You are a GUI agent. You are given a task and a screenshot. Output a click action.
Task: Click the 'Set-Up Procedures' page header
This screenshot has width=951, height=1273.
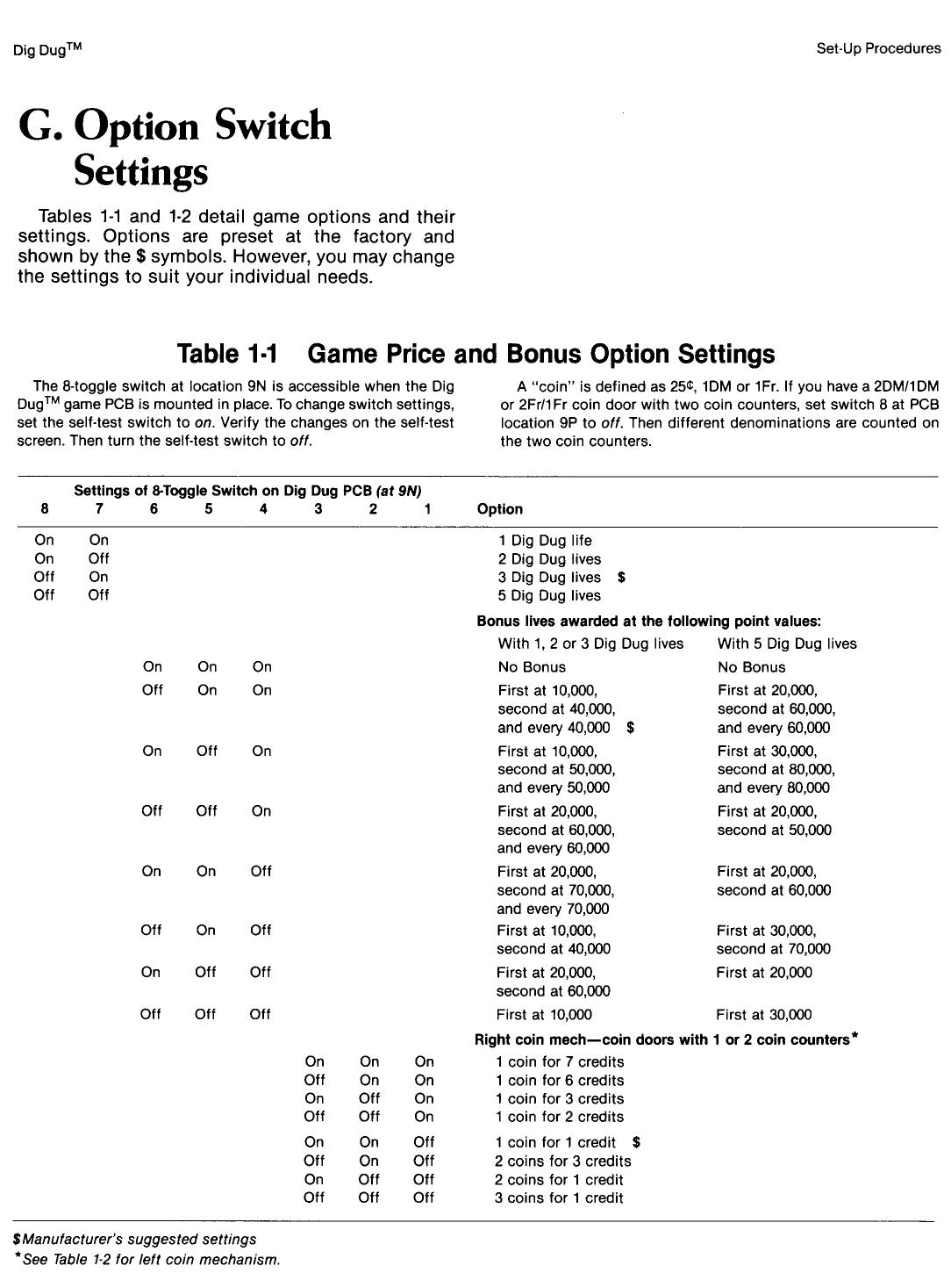[877, 49]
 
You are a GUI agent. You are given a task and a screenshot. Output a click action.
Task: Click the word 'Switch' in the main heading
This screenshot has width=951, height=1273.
[273, 126]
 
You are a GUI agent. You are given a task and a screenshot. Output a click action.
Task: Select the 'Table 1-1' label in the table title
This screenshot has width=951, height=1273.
[227, 354]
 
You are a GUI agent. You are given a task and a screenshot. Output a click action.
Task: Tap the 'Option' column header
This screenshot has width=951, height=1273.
[499, 509]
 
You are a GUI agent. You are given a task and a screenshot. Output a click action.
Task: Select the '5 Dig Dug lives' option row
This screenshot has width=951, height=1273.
[549, 596]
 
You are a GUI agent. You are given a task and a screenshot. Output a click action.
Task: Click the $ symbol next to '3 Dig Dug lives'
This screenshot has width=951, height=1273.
[621, 578]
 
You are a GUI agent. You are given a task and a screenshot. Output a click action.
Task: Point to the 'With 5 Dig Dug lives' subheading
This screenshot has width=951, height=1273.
[787, 644]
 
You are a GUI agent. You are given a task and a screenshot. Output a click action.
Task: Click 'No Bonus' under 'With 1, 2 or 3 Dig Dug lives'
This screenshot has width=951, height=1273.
[532, 667]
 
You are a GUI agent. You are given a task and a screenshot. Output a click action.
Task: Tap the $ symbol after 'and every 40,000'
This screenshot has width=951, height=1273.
[631, 728]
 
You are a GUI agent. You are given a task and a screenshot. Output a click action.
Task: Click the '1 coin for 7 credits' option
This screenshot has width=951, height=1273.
[560, 1062]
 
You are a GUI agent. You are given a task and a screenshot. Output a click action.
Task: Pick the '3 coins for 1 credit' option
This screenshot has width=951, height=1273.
[559, 1198]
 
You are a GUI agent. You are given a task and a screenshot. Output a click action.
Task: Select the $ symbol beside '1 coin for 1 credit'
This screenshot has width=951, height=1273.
[636, 1143]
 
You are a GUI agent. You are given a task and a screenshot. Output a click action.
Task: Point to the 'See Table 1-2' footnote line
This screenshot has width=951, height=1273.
[147, 1260]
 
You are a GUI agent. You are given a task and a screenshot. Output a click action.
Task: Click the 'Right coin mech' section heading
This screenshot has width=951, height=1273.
[665, 1040]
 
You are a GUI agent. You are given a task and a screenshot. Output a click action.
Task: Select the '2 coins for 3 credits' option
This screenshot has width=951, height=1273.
[562, 1162]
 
